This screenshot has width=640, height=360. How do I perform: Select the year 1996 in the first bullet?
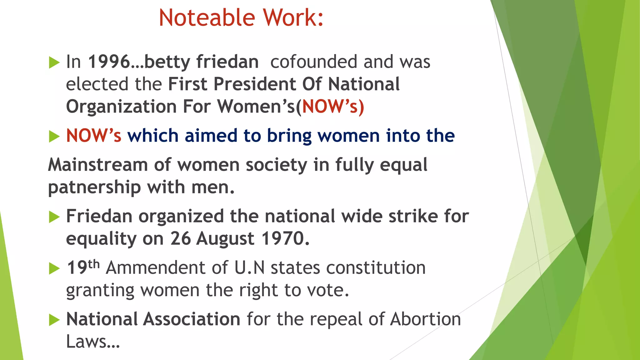tap(109, 62)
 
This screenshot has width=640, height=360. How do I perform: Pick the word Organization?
tap(121, 107)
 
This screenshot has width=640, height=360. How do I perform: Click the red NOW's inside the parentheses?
tap(330, 107)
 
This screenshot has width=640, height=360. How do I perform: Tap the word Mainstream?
tap(98, 165)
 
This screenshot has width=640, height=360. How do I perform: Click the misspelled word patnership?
tap(94, 187)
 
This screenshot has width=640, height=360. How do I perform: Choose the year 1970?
tap(283, 239)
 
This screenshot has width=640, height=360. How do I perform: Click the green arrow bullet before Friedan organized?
tap(54, 217)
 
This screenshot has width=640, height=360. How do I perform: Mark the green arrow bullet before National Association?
tap(54, 320)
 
